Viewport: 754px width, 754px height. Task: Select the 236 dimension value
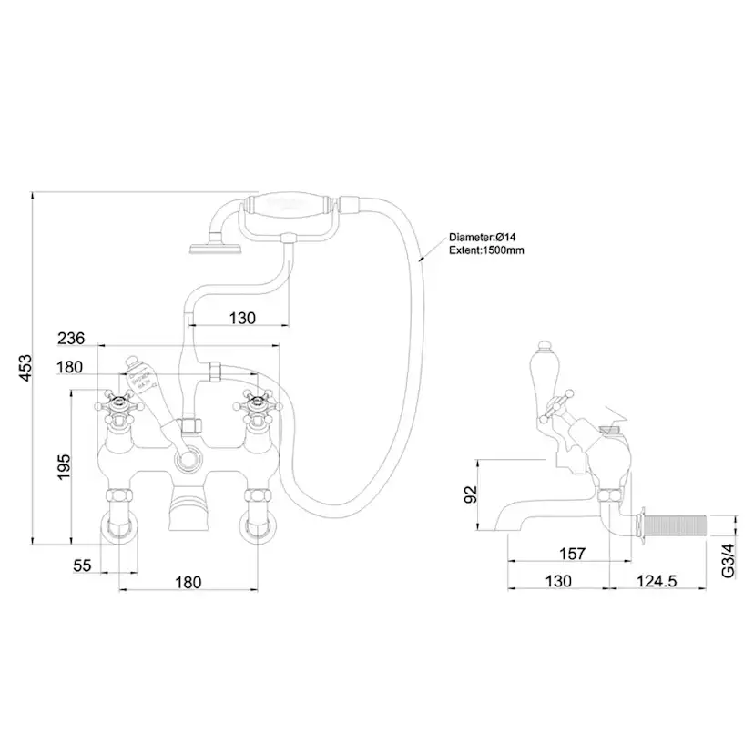pyautogui.click(x=71, y=338)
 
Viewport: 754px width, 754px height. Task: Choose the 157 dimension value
pyautogui.click(x=571, y=553)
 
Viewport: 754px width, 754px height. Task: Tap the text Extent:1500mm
pyautogui.click(x=486, y=250)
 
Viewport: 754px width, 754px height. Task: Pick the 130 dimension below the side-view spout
pyautogui.click(x=558, y=581)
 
